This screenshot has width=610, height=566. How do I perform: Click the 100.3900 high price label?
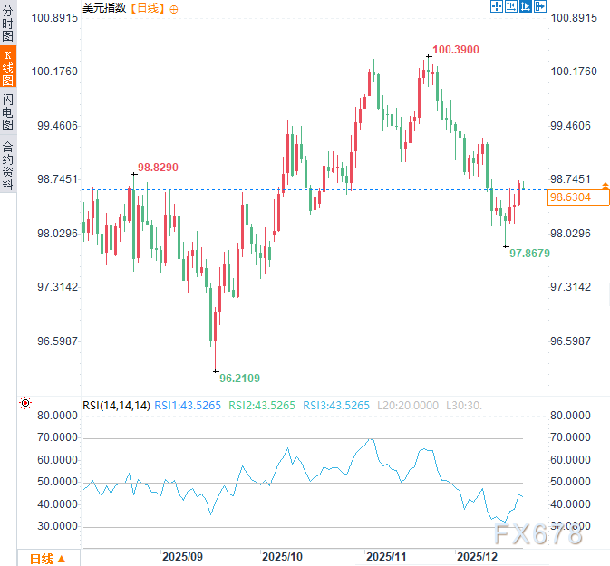[x=456, y=50]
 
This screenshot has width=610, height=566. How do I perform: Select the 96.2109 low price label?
[x=239, y=378]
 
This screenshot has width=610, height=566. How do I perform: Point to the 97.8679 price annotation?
[x=529, y=254]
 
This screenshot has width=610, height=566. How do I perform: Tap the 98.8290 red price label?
[x=158, y=168]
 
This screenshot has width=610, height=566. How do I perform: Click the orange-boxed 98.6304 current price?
[x=571, y=197]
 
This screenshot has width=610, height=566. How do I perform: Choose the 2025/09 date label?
[x=182, y=554]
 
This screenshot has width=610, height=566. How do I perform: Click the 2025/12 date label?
[x=478, y=554]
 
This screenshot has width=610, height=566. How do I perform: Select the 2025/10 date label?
[x=281, y=554]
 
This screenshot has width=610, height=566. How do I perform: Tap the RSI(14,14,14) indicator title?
[x=116, y=405]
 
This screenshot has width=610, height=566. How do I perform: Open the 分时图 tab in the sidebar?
[x=8, y=24]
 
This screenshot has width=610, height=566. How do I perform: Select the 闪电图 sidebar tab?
[x=8, y=112]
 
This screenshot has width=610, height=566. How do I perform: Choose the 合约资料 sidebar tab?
[x=8, y=165]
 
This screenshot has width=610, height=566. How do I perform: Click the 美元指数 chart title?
[x=103, y=8]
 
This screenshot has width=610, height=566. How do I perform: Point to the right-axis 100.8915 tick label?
[x=575, y=18]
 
